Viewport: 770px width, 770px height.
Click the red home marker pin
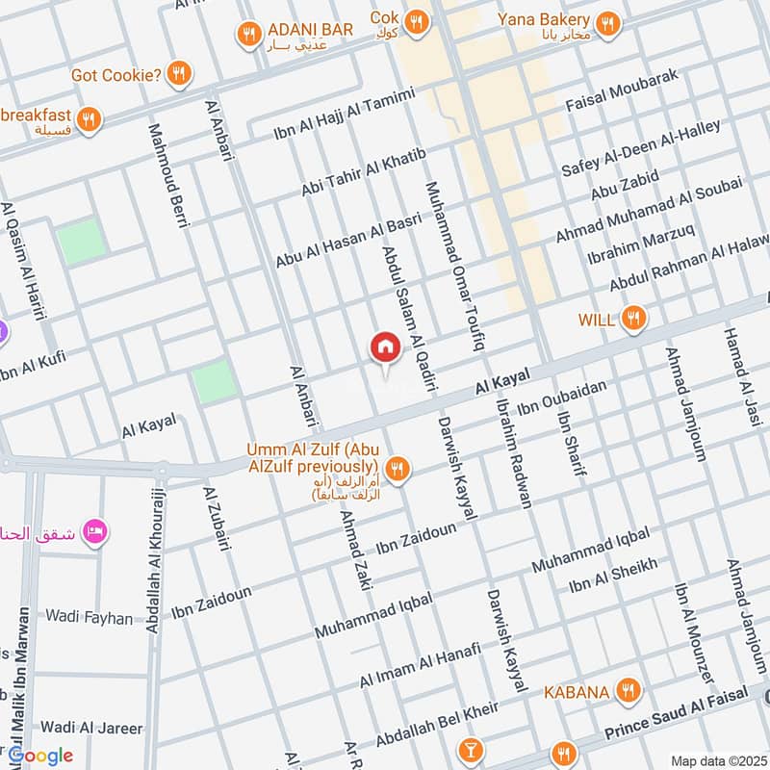385,347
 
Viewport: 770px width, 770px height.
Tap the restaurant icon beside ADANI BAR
249,36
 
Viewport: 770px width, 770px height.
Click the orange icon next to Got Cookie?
177,73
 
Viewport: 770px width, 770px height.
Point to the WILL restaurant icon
633,319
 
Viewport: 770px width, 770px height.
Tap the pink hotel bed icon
95,530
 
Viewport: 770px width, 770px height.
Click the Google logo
40,756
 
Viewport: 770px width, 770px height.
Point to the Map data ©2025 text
716,760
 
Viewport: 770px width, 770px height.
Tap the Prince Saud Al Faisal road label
677,718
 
